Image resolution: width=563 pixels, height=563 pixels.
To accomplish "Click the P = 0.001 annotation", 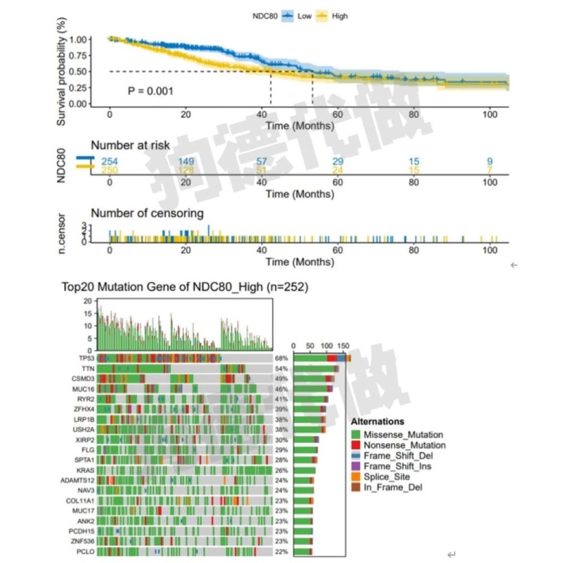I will point(150,90).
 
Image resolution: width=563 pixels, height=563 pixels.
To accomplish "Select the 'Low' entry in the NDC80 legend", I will point(304,16).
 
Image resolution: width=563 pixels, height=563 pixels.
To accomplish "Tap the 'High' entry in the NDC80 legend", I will point(340,16).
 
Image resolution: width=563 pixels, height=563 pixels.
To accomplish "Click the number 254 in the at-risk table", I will point(110,161).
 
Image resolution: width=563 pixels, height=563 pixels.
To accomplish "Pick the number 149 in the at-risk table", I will point(187,161).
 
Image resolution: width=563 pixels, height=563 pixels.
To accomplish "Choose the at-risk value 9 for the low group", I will point(489,161).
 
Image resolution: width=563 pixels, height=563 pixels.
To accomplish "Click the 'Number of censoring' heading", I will point(147,213).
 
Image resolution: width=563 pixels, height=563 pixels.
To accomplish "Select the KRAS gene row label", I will point(86,470).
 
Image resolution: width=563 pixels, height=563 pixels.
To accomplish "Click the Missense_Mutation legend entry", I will point(403,435).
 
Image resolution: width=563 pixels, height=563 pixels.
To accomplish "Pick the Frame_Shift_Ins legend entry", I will point(397,466).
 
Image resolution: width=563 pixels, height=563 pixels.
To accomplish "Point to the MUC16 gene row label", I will point(85,389).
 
